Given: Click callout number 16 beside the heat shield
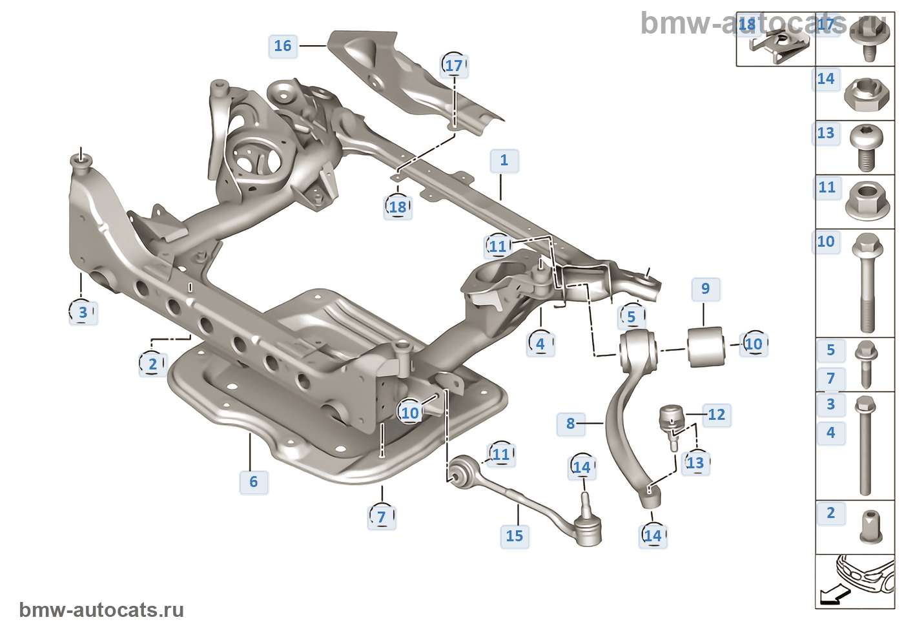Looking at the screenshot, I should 283,46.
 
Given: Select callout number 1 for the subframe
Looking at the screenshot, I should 504,160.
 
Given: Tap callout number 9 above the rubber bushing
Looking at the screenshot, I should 705,289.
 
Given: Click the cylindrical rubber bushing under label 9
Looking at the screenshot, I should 706,347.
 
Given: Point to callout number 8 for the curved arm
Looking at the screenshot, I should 570,424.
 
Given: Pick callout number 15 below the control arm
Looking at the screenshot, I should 515,536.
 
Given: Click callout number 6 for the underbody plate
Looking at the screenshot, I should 253,482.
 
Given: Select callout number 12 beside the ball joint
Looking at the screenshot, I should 716,415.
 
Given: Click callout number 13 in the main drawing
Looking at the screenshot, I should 695,463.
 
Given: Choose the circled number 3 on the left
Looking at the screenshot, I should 83,313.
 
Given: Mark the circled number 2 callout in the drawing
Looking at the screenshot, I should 153,364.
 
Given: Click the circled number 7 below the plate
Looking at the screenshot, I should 382,517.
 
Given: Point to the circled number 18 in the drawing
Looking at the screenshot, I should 398,207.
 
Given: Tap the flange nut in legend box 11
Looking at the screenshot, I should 866,199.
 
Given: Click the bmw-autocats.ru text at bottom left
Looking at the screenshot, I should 101,610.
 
